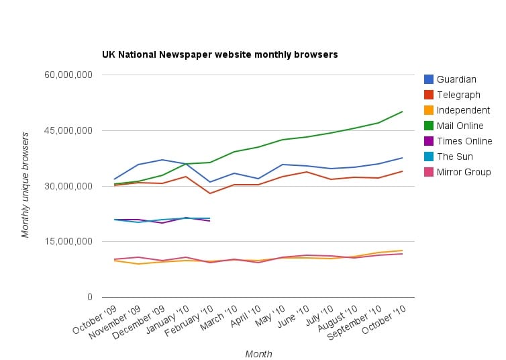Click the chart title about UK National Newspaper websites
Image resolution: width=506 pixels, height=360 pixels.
(x=219, y=53)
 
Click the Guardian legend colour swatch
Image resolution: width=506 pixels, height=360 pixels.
(x=429, y=79)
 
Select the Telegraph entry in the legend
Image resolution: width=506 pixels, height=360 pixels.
(x=458, y=95)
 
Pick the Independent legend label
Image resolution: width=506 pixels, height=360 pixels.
(x=463, y=110)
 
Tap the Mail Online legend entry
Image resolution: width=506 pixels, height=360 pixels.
(x=460, y=126)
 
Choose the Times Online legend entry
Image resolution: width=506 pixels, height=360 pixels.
(x=464, y=141)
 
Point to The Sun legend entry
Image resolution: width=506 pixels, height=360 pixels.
(x=455, y=156)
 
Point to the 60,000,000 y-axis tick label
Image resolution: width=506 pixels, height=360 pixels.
(x=68, y=75)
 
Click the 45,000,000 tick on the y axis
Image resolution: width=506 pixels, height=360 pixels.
(x=68, y=130)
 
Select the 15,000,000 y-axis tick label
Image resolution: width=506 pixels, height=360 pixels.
(x=68, y=241)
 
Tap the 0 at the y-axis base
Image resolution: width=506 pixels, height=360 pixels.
(x=89, y=297)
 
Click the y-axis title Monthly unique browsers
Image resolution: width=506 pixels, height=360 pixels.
(x=26, y=185)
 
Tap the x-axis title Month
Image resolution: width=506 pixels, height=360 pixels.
(x=258, y=354)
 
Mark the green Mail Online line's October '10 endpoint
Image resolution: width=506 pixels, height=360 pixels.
(x=402, y=111)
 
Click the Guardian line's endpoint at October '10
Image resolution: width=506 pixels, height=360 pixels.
(x=402, y=158)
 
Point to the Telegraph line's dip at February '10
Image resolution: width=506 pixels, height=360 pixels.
(x=210, y=193)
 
